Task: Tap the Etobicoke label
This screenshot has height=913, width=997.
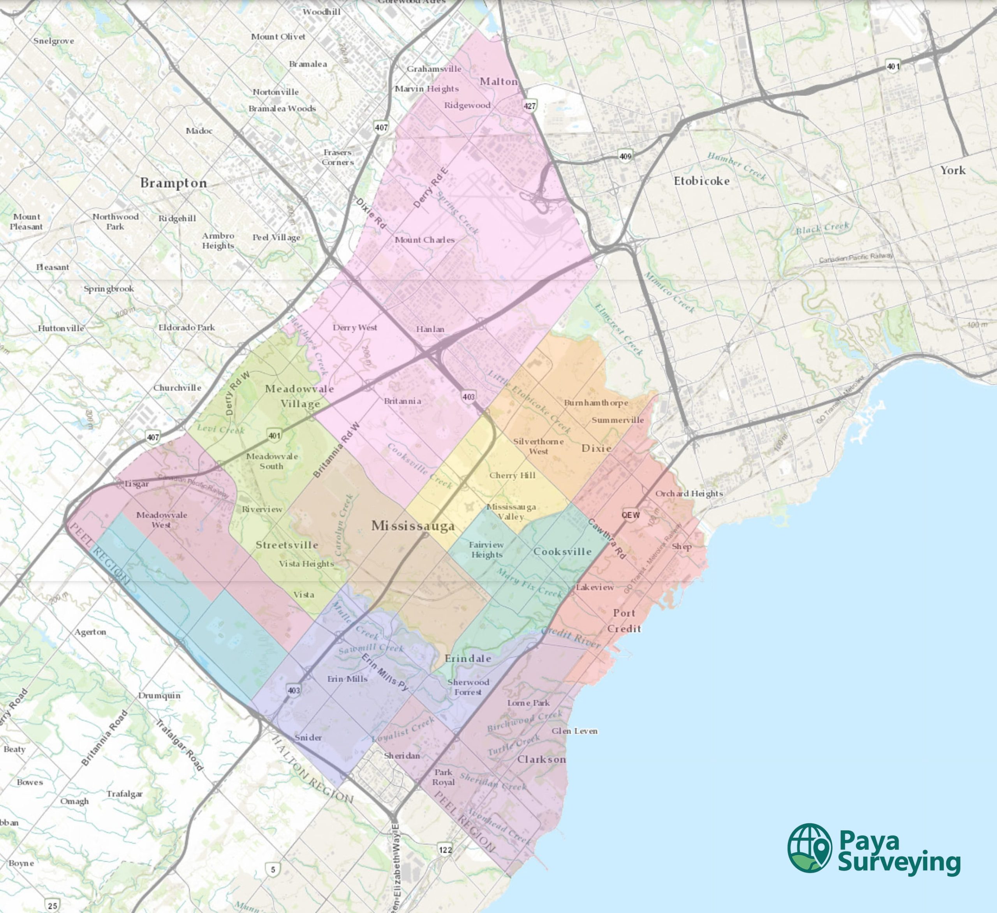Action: pyautogui.click(x=701, y=181)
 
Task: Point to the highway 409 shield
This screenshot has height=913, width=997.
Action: pyautogui.click(x=625, y=156)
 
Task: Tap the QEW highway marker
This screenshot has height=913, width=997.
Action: pyautogui.click(x=631, y=515)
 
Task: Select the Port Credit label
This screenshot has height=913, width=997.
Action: pyautogui.click(x=624, y=621)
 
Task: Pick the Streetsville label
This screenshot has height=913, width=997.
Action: pyautogui.click(x=287, y=545)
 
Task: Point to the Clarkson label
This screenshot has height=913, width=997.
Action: pyautogui.click(x=541, y=759)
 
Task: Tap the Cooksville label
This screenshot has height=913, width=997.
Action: pyautogui.click(x=562, y=552)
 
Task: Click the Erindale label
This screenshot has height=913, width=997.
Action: pyautogui.click(x=468, y=658)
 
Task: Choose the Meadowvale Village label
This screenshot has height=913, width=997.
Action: pyautogui.click(x=300, y=396)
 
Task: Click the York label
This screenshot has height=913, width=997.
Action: pyautogui.click(x=953, y=170)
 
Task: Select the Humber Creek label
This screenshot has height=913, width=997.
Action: pyautogui.click(x=737, y=166)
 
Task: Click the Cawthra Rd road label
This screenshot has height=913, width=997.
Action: pyautogui.click(x=607, y=539)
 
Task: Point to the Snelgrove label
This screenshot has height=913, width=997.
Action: pyautogui.click(x=53, y=41)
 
